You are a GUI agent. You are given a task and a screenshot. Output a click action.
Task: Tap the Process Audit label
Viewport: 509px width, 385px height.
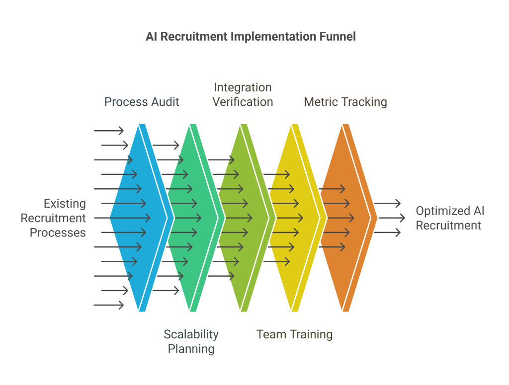[x=142, y=102]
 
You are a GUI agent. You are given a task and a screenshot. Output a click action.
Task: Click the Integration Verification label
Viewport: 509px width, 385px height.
[x=243, y=95]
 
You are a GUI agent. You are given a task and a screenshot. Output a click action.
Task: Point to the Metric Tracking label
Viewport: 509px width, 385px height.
[x=345, y=102]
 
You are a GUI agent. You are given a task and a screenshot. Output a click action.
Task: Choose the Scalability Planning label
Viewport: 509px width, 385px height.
[x=191, y=341]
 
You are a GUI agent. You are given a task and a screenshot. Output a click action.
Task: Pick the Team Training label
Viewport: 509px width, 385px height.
[x=294, y=334]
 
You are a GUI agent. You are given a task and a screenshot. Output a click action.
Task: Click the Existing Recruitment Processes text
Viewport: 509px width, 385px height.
[x=58, y=218]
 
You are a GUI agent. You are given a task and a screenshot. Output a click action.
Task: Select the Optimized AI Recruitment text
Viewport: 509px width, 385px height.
[x=450, y=218]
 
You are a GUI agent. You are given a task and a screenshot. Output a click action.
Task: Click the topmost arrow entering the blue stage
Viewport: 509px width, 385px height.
[x=108, y=131]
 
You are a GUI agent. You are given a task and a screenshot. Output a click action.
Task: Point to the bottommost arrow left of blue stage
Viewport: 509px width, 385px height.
[x=108, y=305]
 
